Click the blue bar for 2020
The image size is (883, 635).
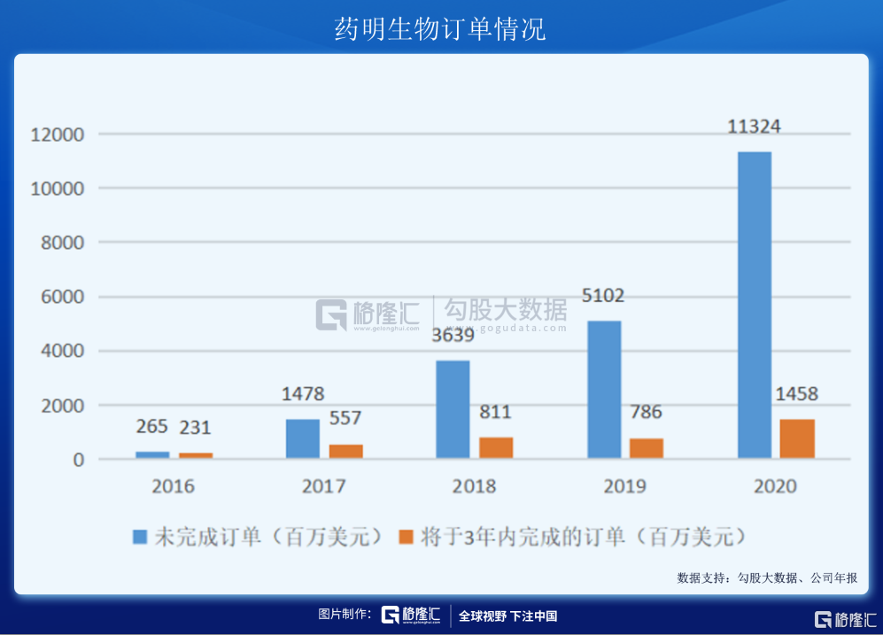tap(754, 305)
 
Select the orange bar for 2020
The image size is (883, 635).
tap(797, 438)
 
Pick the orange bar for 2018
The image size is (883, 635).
tap(496, 447)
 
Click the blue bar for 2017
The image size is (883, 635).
tap(303, 438)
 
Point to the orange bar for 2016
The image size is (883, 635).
tap(196, 455)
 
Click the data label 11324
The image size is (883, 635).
tap(754, 127)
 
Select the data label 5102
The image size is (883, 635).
tap(603, 296)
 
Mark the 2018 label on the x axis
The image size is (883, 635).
tap(475, 486)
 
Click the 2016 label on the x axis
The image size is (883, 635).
tap(174, 486)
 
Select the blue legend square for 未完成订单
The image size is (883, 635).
tap(140, 537)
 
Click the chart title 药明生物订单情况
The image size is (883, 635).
tap(440, 28)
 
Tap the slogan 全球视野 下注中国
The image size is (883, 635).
tap(507, 616)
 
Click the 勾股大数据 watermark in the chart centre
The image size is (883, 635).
tap(506, 311)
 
